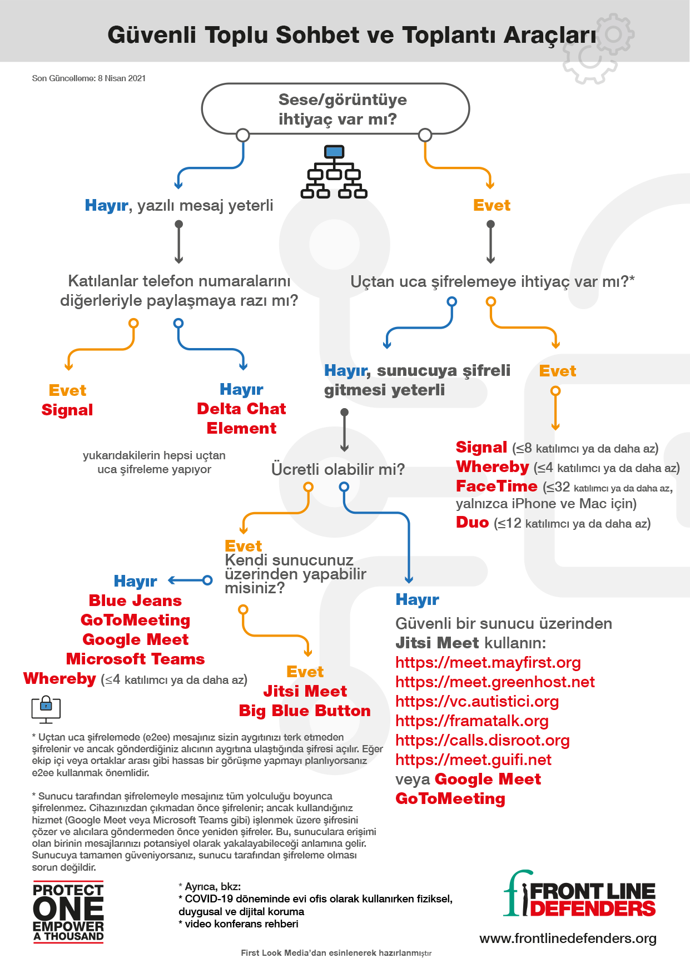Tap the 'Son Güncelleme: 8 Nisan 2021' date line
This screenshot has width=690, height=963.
(89, 78)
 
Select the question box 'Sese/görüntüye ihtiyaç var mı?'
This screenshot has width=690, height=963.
(335, 109)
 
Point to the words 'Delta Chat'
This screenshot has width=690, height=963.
(241, 409)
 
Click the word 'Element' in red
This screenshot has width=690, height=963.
(241, 428)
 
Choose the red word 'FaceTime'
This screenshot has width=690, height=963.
(497, 487)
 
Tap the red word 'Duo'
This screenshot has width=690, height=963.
(472, 523)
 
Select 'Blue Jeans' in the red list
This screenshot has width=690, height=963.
(135, 600)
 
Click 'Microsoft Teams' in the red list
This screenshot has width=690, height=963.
(135, 659)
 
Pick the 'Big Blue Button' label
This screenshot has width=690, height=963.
(305, 711)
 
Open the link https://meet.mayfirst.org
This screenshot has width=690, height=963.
(488, 662)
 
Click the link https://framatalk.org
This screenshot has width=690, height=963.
(471, 721)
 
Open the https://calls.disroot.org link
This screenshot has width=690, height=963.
(482, 740)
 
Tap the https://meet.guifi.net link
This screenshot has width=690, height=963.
(473, 760)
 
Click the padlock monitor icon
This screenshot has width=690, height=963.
(46, 709)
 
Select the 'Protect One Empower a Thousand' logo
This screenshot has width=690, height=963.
(68, 912)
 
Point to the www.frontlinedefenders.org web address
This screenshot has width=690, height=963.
(567, 939)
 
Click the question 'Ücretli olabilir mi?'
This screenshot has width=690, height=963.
(337, 469)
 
